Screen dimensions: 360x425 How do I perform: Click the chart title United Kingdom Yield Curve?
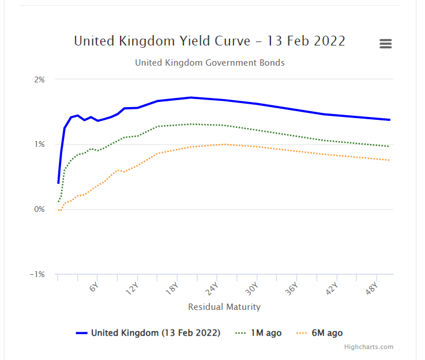coord(209,41)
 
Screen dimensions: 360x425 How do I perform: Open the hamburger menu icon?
coord(386,44)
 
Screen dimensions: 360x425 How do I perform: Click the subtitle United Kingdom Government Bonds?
coord(209,62)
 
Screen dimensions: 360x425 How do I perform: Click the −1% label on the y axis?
coord(37,275)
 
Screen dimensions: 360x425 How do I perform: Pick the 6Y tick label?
coord(95,287)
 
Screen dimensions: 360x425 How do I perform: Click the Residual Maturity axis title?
coord(224,307)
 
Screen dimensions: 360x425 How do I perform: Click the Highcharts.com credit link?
coord(368,347)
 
